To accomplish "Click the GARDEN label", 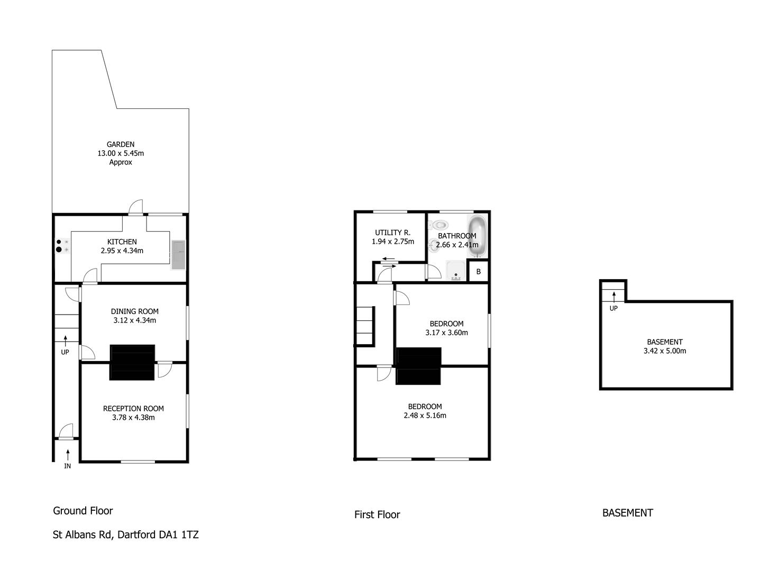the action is click(121, 144).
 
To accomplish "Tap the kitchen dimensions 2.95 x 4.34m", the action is click(122, 251).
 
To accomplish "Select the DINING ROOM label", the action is click(135, 311).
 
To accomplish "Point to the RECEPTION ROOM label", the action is click(133, 409).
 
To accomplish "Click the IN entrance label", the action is click(67, 466).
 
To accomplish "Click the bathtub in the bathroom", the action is click(478, 236).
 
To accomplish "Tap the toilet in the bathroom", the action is click(439, 225).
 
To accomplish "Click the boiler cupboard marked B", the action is click(479, 272).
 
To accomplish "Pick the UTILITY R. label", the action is click(392, 233).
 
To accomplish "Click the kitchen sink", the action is click(178, 255).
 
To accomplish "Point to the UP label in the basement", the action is click(613, 308).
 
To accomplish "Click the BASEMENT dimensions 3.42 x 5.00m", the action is click(665, 351).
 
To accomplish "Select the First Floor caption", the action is click(377, 514).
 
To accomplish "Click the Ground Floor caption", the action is click(83, 511).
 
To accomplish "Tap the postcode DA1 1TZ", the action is click(178, 535).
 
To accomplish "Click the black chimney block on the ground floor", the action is click(132, 362).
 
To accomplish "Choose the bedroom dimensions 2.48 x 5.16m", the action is click(425, 416).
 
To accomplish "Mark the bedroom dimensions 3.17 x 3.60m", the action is click(446, 333).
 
